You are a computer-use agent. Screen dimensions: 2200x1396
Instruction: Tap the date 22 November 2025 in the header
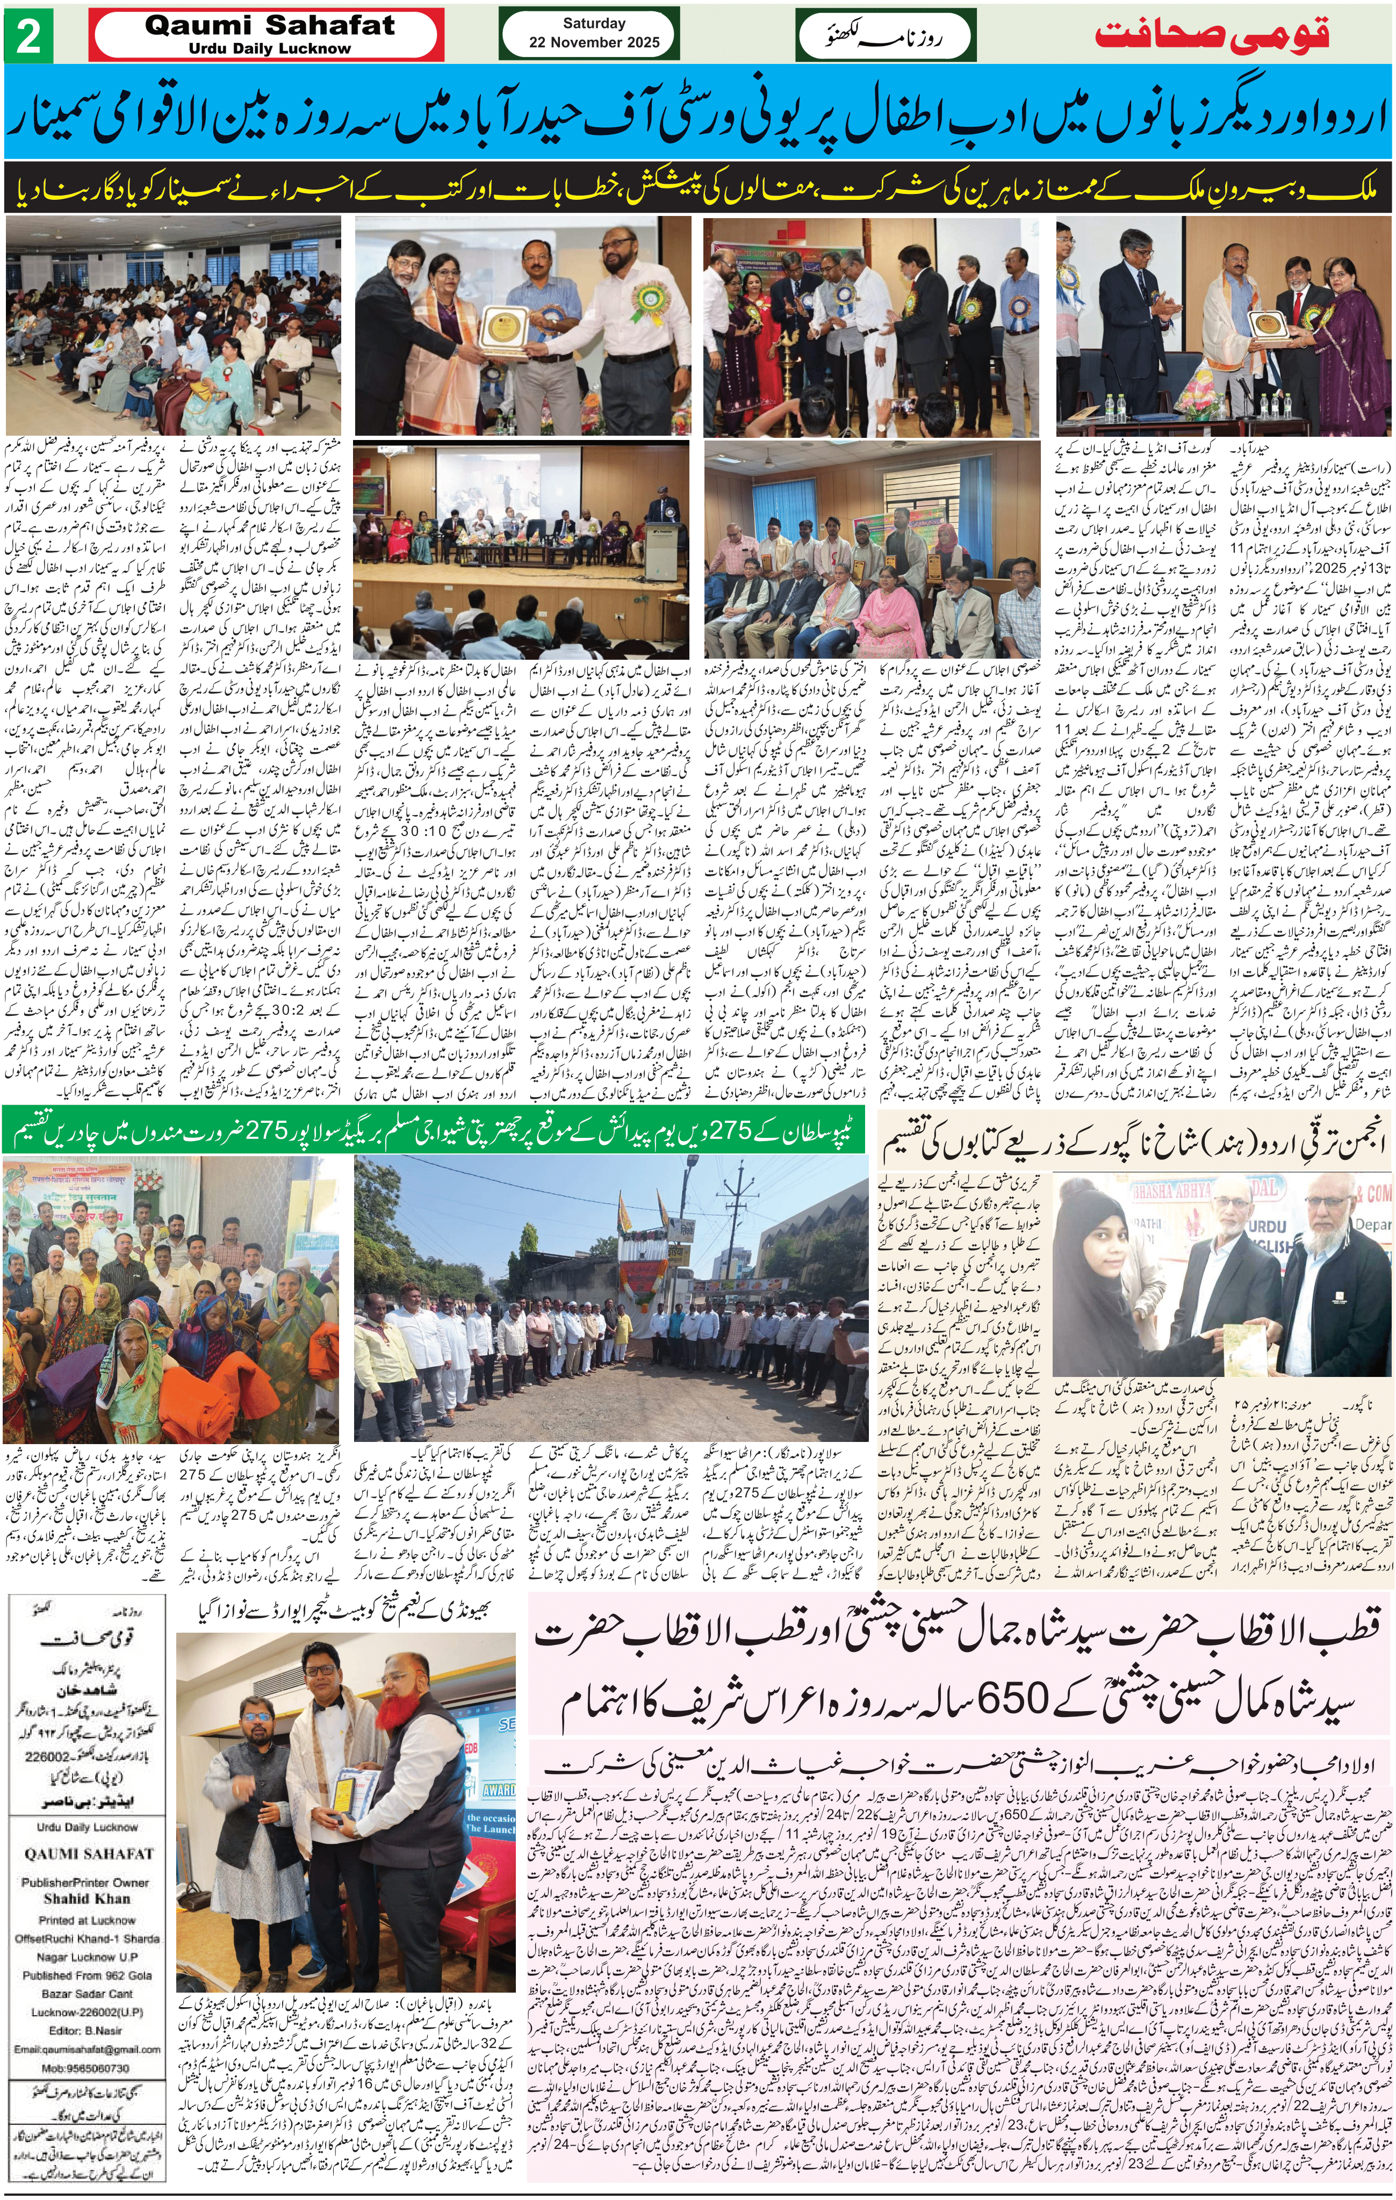point(594,42)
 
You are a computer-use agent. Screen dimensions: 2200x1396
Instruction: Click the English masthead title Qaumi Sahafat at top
point(270,26)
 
